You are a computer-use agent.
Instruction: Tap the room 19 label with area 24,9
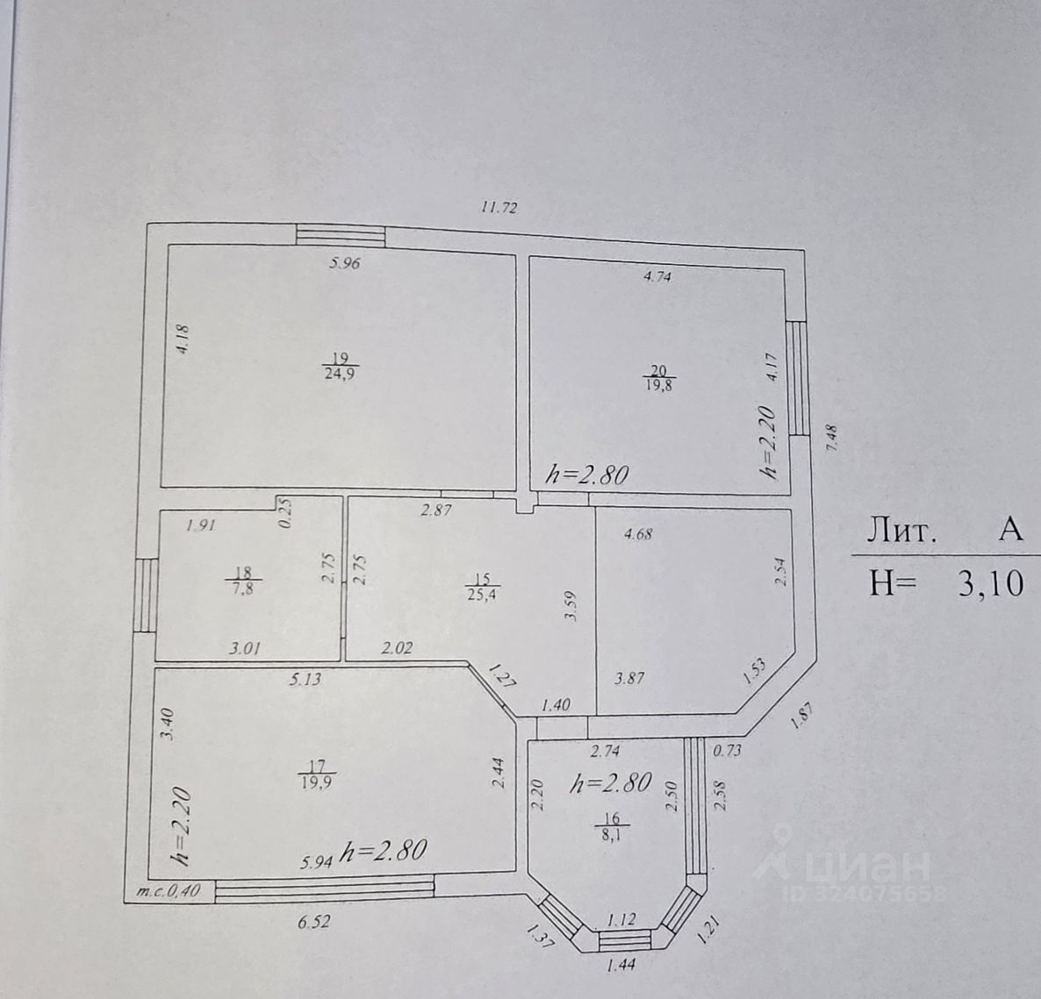(341, 365)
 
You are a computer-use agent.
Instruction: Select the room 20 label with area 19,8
(657, 376)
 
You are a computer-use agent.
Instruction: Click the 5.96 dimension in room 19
(344, 262)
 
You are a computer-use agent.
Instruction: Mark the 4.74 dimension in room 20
(657, 276)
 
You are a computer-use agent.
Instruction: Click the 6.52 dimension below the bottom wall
(313, 922)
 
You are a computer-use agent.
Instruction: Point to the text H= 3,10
(945, 582)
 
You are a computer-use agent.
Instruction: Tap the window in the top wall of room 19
(340, 235)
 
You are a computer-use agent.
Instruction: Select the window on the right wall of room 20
(797, 378)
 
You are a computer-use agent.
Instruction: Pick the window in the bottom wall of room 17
(325, 889)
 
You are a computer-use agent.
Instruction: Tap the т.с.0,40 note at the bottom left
(169, 891)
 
